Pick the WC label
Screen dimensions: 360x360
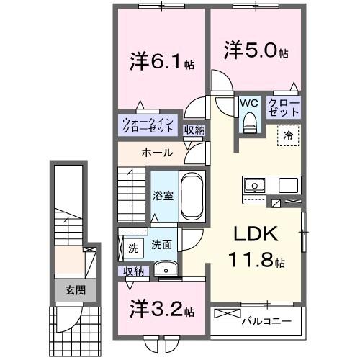click(249, 103)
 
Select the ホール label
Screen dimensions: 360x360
click(156, 153)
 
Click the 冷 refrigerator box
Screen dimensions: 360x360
click(287, 134)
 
